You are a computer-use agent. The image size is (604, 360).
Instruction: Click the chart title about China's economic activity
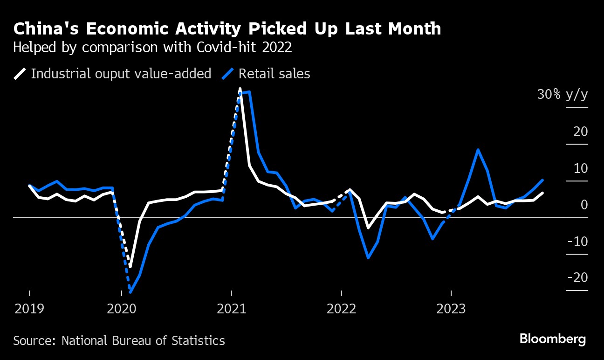point(227,29)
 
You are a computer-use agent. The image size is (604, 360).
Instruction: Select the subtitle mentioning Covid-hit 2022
point(152,48)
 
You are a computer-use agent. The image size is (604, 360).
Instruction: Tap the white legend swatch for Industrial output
point(20,74)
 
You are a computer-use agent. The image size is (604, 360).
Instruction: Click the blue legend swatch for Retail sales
point(228,74)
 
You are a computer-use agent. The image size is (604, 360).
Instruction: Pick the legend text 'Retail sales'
point(274,74)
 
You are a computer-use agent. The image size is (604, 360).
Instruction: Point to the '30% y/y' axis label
point(563,95)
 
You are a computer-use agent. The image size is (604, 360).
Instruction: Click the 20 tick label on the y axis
point(580,132)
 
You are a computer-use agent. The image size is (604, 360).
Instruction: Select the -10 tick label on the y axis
point(577,242)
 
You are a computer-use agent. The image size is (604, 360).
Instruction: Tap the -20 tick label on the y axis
point(577,278)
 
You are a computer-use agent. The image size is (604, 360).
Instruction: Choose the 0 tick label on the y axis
point(584,205)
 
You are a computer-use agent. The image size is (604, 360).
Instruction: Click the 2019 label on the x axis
point(29,309)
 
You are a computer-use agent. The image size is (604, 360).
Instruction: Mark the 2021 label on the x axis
point(232,309)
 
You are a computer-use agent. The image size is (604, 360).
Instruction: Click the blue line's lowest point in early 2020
point(130,292)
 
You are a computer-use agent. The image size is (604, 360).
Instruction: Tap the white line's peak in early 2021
point(240,89)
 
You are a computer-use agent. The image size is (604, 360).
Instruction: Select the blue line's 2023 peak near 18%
point(478,150)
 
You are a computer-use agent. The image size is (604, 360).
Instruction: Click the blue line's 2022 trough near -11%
point(368,257)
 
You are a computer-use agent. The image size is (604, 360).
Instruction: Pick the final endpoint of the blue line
point(542,180)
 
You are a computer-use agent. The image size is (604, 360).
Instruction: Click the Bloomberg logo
point(553,339)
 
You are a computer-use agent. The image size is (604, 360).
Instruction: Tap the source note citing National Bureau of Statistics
point(119,340)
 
